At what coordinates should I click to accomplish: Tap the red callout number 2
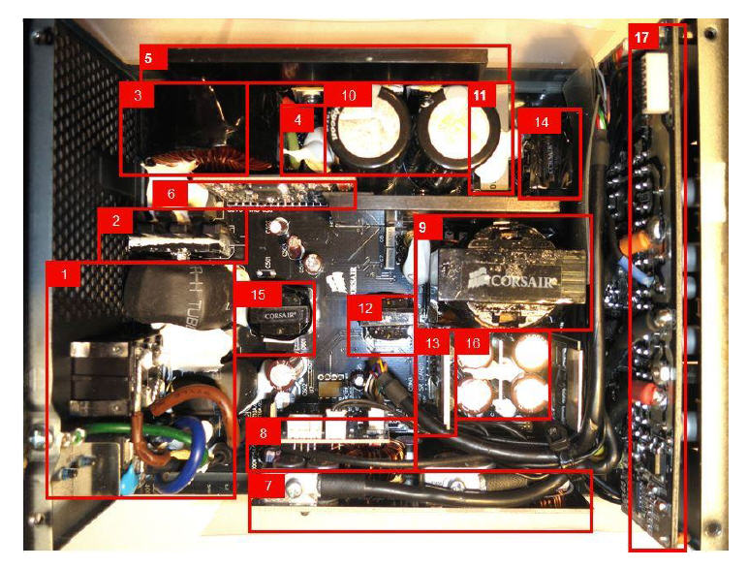click(115, 221)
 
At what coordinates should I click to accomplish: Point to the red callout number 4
click(299, 121)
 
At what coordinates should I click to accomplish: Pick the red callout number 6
click(171, 193)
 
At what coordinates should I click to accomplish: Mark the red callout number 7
click(267, 485)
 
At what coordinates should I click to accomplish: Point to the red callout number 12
click(364, 307)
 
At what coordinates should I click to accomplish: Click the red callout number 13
click(432, 343)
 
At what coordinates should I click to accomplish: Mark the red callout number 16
click(472, 343)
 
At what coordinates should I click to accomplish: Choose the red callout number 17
click(642, 37)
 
